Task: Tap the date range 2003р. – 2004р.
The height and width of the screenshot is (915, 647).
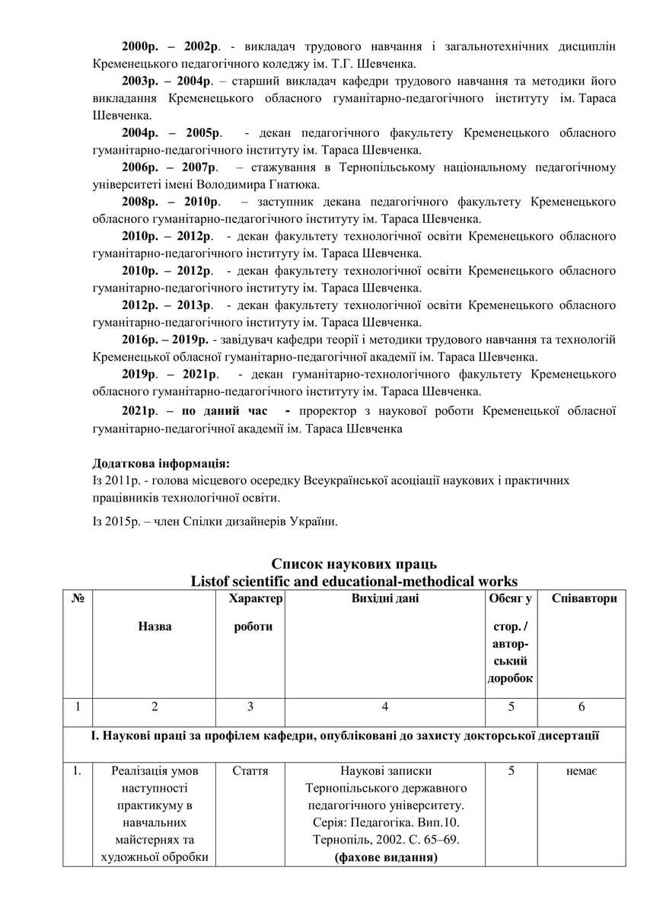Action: coord(167,81)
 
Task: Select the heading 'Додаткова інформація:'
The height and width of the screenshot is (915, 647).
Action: coord(161,463)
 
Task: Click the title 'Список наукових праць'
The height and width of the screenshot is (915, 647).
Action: coord(354,564)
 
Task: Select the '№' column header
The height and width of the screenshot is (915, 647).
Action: coord(77,598)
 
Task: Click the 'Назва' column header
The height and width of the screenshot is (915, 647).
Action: coord(155,626)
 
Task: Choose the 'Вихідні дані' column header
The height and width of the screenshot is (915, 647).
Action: coord(384,598)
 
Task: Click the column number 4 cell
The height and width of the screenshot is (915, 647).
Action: coord(385,707)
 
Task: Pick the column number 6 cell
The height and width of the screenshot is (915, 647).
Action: coord(582,707)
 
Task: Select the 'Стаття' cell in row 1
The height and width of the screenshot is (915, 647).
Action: coord(250,772)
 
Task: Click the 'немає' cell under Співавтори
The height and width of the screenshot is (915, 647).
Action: coord(582,772)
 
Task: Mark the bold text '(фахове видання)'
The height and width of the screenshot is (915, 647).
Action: coord(385,859)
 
